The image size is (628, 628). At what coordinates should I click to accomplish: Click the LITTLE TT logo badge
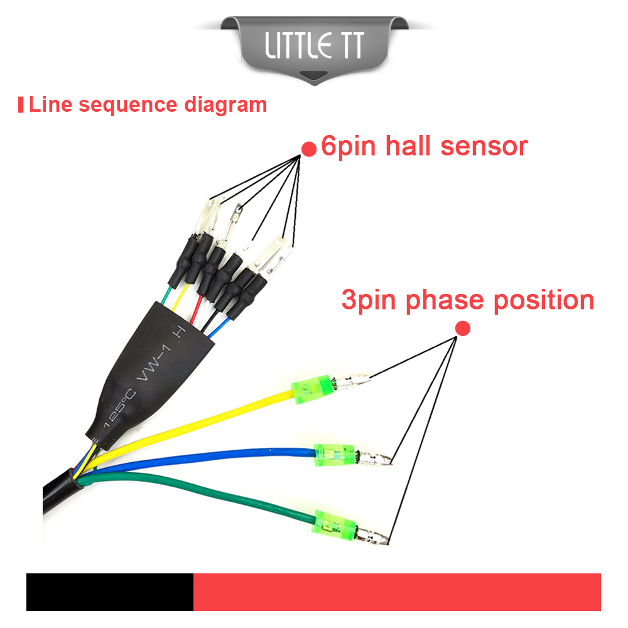pos(315,49)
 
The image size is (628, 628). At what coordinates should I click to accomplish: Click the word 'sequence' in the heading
pos(127,106)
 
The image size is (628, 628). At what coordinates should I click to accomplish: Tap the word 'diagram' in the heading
pos(225,106)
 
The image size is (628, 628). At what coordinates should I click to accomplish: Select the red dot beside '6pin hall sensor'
pos(309,149)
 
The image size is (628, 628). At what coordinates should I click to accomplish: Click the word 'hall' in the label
pos(408,146)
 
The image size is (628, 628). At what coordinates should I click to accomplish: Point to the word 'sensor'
pos(484,146)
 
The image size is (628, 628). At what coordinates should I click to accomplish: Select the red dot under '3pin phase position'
pos(463,328)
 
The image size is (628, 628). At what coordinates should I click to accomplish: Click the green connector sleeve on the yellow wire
pos(312,389)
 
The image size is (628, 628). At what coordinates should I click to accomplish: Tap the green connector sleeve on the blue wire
pos(335,455)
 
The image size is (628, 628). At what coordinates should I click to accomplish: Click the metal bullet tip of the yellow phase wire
pos(352,381)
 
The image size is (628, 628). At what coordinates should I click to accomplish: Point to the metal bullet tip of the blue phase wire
pos(374,458)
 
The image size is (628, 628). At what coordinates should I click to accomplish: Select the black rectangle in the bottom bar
pos(110,592)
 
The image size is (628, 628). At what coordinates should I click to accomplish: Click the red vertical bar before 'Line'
pos(21,105)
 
